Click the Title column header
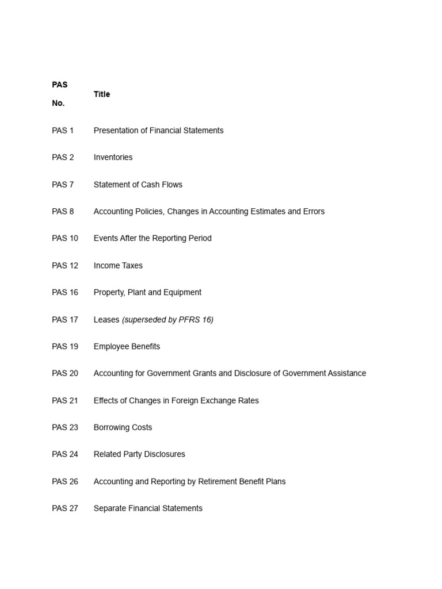tap(102, 94)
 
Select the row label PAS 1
tap(63, 131)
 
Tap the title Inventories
tap(113, 158)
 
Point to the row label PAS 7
tap(63, 185)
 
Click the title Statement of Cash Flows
tap(138, 185)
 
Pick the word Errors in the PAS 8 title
tap(313, 212)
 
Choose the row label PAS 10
tap(65, 239)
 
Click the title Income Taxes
tap(118, 266)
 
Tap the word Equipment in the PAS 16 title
tap(182, 293)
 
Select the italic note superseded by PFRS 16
tap(167, 320)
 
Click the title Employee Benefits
tap(127, 347)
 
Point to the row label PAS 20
tap(65, 374)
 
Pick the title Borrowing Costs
tap(123, 428)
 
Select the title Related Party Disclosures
tap(139, 454)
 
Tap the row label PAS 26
tap(65, 482)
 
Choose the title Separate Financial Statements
tap(148, 508)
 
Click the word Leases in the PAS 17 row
tap(106, 320)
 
